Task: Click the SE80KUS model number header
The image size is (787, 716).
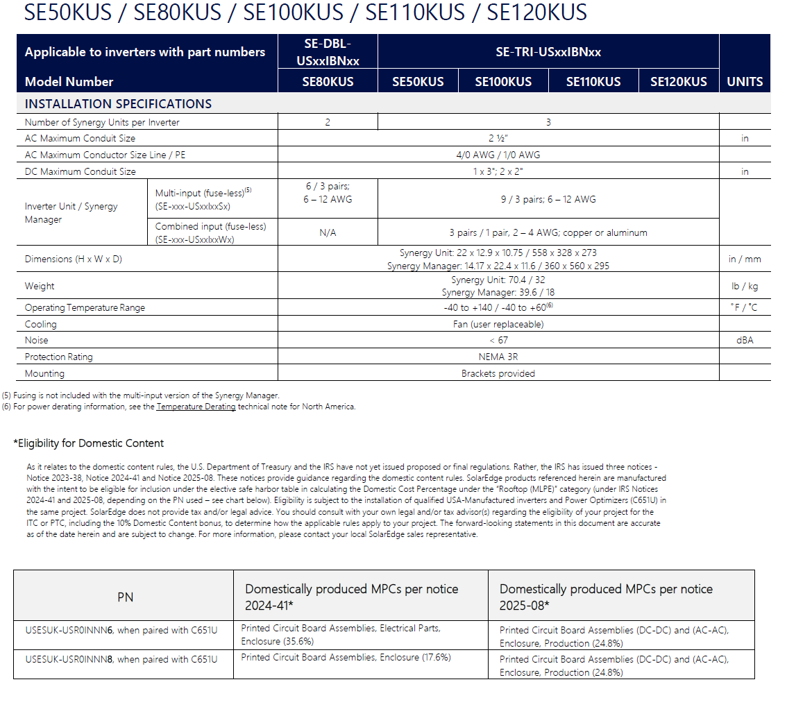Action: [x=328, y=82]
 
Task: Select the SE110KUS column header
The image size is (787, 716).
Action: [x=593, y=82]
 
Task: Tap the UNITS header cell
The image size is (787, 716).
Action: [x=745, y=82]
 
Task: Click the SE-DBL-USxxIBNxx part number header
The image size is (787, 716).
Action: [x=328, y=53]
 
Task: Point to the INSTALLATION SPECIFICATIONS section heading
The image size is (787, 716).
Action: [x=118, y=104]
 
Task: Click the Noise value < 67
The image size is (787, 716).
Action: [x=498, y=340]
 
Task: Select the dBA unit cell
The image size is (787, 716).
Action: [x=745, y=340]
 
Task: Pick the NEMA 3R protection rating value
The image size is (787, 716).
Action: [x=498, y=357]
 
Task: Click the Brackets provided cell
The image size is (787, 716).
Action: [x=498, y=373]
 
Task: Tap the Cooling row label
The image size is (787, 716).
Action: [x=41, y=324]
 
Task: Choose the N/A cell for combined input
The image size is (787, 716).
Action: [x=328, y=233]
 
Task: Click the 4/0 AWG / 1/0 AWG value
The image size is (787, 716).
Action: [x=498, y=155]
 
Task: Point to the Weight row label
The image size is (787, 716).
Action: [x=40, y=286]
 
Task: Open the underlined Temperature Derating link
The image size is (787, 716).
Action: [x=196, y=407]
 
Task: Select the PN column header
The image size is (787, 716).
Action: [x=125, y=597]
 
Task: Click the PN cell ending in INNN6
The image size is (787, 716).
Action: [x=121, y=630]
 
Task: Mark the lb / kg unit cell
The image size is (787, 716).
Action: [x=745, y=286]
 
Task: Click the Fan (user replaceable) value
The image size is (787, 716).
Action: [x=498, y=324]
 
